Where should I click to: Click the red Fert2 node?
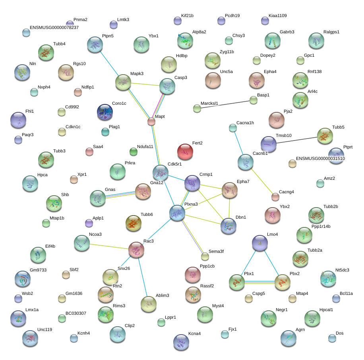185,152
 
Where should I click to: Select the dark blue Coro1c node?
105,112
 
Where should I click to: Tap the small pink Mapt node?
151,121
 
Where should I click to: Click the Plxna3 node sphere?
177,213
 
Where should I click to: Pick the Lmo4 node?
260,243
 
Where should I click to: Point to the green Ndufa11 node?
134,152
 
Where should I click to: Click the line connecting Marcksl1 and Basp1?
225,104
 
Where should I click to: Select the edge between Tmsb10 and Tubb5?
297,140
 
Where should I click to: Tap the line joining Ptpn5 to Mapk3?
110,64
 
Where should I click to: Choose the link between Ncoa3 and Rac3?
109,246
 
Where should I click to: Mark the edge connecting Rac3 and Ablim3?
143,277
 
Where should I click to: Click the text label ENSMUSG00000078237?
54,27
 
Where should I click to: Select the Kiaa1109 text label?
278,15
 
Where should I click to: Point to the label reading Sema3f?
216,251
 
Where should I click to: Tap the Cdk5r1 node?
161,173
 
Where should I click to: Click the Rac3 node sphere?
136,250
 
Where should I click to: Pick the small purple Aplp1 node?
89,223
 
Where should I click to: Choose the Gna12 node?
143,191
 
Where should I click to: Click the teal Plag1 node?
105,132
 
